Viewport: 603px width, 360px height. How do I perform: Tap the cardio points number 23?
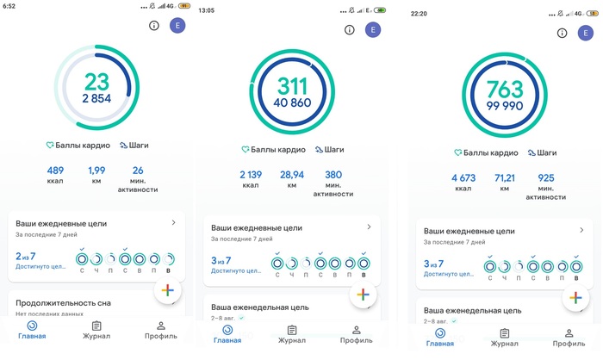point(96,82)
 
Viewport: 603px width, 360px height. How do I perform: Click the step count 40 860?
point(292,102)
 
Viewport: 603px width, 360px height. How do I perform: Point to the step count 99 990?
point(505,106)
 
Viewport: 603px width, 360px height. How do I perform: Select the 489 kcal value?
point(55,171)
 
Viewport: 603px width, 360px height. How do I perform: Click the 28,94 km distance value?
point(292,175)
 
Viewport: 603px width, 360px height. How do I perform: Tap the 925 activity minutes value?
point(545,177)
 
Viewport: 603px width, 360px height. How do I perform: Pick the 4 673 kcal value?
point(463,177)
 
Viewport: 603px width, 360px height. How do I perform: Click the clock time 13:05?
point(206,10)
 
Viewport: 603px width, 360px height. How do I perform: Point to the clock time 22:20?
point(419,14)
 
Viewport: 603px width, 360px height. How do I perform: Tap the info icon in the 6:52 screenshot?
point(154,25)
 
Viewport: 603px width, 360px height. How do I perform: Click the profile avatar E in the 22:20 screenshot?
point(585,33)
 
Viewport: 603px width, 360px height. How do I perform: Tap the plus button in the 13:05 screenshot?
point(363,295)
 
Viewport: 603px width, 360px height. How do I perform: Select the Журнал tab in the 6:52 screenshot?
point(96,331)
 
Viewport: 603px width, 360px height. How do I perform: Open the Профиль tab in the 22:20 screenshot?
point(569,338)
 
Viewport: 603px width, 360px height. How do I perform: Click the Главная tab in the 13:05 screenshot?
point(227,335)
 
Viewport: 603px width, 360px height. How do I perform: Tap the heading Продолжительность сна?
point(63,302)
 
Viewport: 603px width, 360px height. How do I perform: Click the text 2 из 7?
point(25,256)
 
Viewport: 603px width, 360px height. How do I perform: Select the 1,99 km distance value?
point(96,171)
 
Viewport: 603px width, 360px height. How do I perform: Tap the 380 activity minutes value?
point(333,175)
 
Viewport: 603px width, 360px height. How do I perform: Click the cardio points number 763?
point(505,90)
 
